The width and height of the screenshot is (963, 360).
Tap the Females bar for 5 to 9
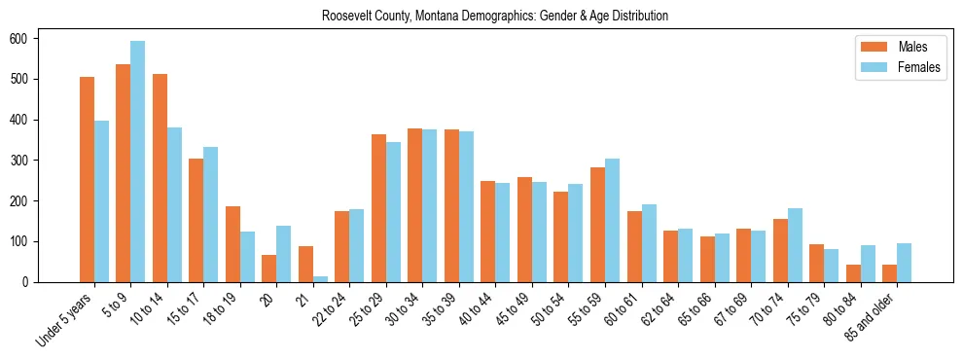point(138,162)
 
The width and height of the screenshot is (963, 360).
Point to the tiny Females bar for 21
point(320,279)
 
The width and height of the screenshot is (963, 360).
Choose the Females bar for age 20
point(284,254)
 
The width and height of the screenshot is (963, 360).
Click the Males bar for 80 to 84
point(853,273)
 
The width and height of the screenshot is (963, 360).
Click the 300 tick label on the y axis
point(26,161)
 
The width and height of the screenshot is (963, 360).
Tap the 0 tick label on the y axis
point(30,282)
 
